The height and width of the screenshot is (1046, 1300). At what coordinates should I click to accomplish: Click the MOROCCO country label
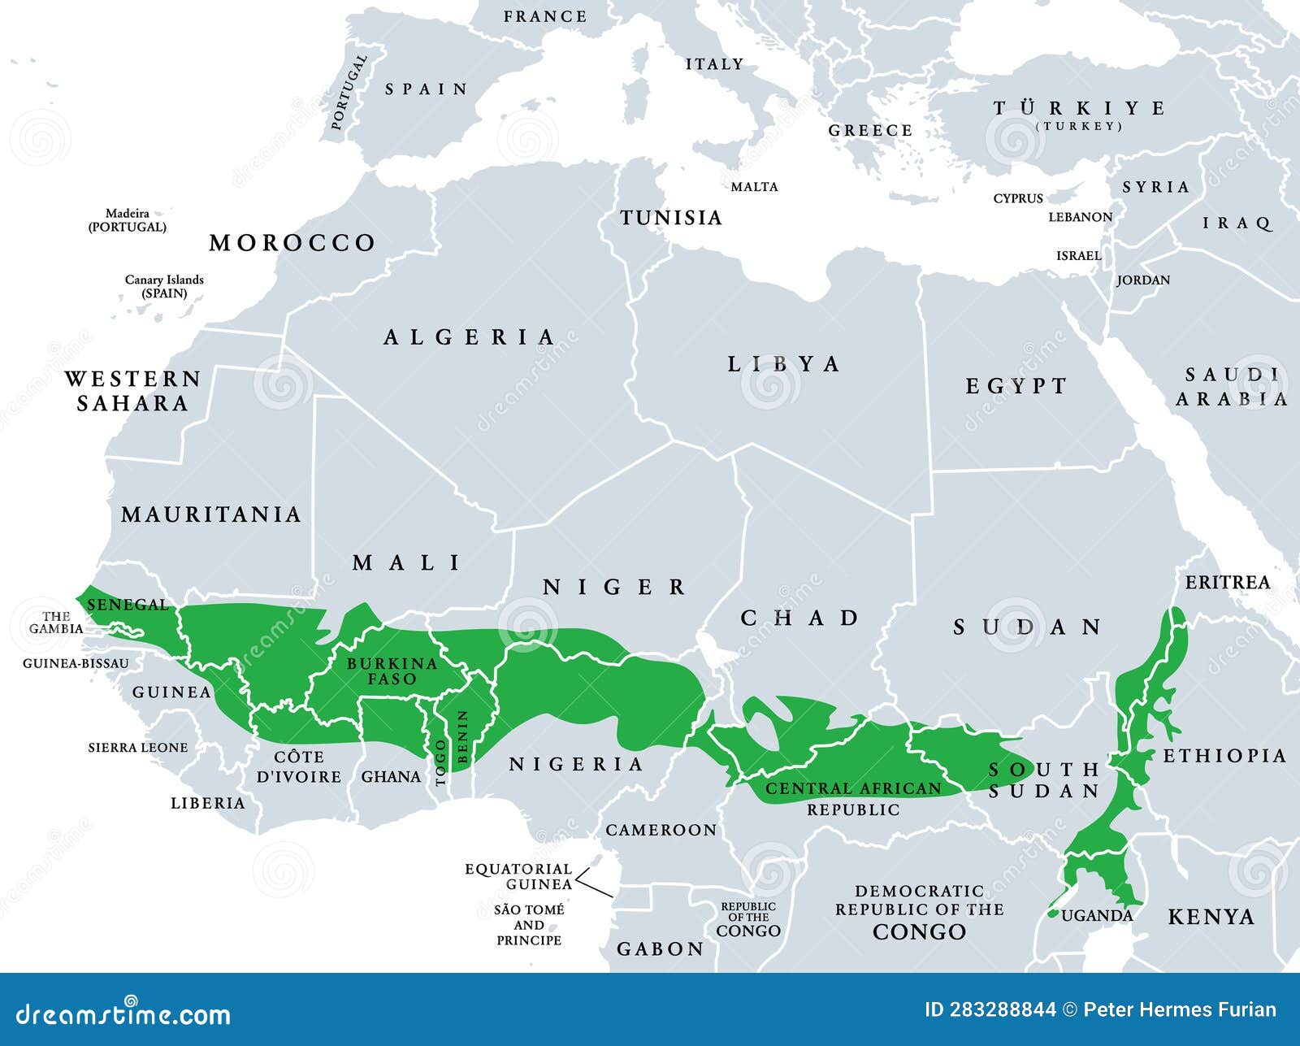tap(292, 243)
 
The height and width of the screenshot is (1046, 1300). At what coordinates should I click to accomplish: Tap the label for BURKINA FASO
tap(392, 671)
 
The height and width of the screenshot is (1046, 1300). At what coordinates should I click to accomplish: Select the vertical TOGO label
tap(441, 762)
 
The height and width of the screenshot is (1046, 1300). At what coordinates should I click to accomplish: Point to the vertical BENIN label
tap(463, 736)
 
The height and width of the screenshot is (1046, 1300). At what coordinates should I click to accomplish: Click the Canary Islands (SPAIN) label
tap(164, 286)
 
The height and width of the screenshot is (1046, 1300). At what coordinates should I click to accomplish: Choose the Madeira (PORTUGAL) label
tap(128, 220)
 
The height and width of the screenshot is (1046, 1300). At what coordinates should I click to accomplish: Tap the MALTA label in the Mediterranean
tap(754, 187)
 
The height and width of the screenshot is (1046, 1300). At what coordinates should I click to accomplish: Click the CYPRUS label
tap(1017, 198)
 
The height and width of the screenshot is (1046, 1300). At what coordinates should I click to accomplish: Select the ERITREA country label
tap(1227, 583)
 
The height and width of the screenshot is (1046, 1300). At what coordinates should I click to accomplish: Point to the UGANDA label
tap(1097, 916)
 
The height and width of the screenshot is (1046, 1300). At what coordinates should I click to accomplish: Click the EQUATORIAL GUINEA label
tap(518, 876)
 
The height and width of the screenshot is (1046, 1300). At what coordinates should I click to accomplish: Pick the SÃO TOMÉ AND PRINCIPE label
tap(529, 925)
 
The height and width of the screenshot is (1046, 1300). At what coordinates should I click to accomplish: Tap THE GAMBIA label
tap(56, 623)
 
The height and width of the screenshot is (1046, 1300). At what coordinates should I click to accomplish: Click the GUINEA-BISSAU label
tap(76, 663)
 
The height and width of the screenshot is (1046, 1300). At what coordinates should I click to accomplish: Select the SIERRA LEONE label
tap(138, 748)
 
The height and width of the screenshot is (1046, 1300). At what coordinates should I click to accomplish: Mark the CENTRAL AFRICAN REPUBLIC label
tap(853, 798)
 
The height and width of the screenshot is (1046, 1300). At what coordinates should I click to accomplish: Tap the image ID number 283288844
tap(990, 1010)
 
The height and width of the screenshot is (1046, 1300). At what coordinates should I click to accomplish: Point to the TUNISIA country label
tap(671, 218)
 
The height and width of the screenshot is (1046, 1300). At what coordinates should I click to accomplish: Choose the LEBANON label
tap(1080, 217)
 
